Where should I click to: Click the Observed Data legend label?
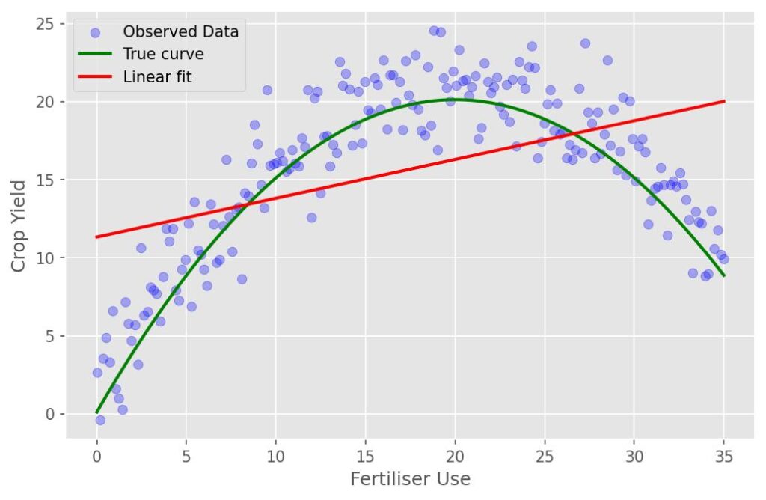(180, 31)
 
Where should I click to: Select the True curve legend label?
(163, 54)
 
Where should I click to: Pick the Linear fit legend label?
(157, 76)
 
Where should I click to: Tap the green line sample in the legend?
(94, 54)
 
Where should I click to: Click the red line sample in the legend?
(94, 76)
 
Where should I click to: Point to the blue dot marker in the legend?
(94, 32)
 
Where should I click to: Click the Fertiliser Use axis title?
(411, 479)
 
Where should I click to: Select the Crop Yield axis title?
(20, 225)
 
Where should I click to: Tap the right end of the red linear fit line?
(724, 101)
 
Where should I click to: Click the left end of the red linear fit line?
(97, 237)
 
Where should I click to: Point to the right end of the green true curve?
(724, 275)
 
